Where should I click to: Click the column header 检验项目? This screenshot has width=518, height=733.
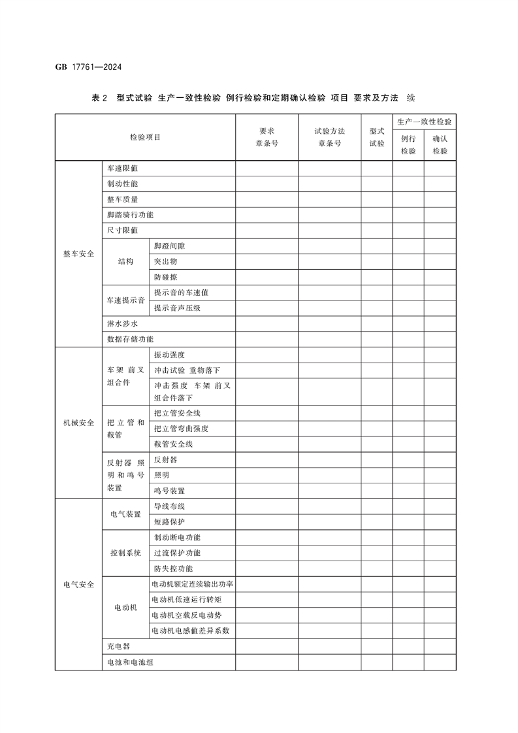[x=145, y=137]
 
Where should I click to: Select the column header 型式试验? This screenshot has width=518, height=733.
[x=377, y=137]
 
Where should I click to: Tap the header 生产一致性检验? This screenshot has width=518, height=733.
[x=424, y=122]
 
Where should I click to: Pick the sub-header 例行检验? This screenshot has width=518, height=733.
[x=408, y=144]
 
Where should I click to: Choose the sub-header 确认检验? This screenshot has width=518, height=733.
[x=440, y=144]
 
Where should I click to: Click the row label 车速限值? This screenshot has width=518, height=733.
[x=123, y=169]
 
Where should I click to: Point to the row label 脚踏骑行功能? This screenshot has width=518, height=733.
[x=131, y=215]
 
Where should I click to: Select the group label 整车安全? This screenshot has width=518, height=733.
[x=78, y=253]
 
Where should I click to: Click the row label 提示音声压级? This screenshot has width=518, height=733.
[x=177, y=308]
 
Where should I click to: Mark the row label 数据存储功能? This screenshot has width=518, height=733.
[x=131, y=339]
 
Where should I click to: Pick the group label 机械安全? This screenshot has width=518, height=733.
[x=78, y=422]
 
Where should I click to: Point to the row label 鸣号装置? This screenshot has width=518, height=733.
[x=169, y=491]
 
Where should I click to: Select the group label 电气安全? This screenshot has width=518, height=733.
[x=78, y=584]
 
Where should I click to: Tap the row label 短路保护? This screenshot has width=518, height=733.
[x=169, y=522]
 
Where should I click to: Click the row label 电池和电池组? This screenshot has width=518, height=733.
[x=131, y=662]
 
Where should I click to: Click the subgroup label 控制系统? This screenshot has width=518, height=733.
[x=125, y=553]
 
